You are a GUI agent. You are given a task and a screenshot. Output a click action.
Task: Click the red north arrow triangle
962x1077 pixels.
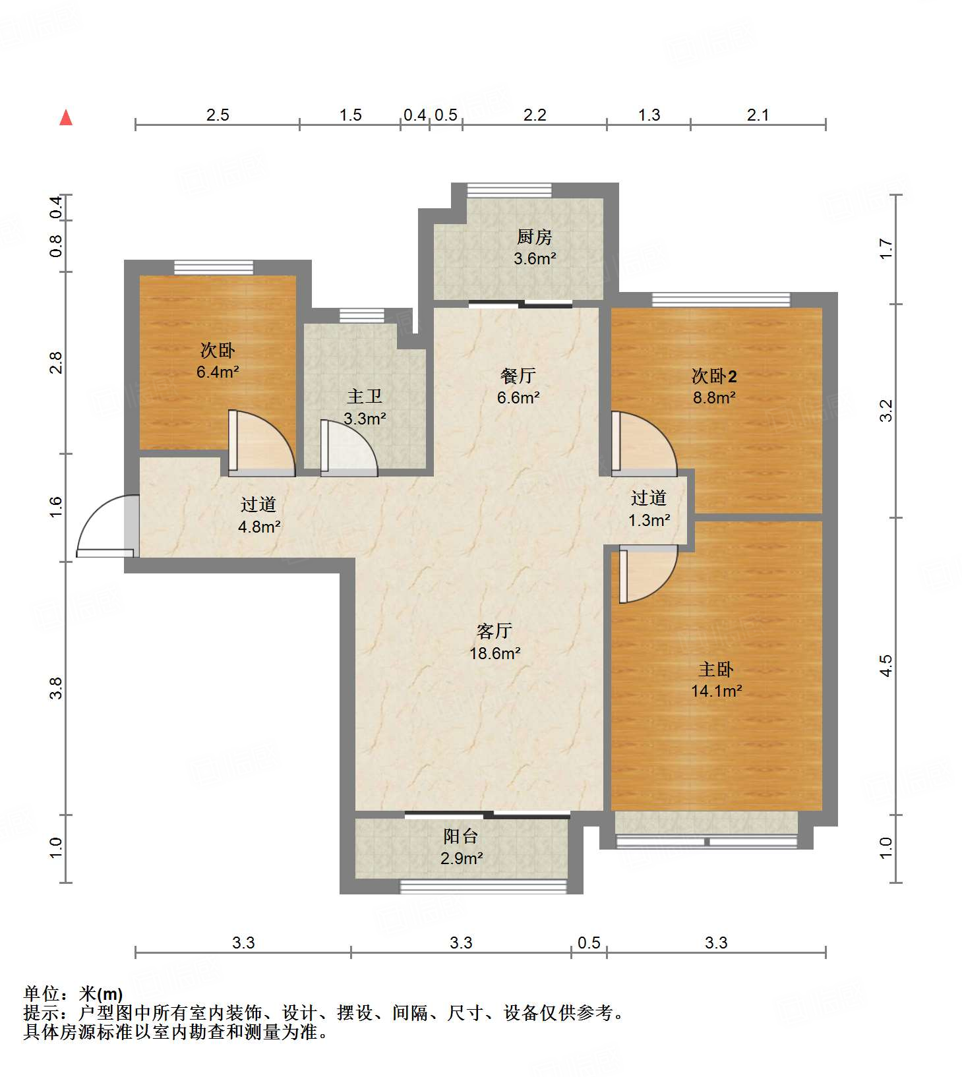66,117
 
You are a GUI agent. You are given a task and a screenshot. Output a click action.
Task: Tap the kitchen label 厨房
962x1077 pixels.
534,237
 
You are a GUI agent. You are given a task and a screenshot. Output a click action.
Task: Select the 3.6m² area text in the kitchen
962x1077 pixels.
535,258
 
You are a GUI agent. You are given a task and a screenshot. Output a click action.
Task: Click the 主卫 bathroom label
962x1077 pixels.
365,396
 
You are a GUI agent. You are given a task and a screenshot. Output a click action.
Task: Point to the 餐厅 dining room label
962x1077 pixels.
518,376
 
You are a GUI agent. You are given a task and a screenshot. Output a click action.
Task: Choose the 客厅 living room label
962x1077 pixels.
495,631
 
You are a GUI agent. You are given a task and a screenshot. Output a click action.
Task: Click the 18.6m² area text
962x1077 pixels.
495,653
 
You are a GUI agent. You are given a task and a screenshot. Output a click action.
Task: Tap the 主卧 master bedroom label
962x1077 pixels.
716,669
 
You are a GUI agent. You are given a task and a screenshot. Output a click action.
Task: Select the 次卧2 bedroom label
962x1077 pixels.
714,376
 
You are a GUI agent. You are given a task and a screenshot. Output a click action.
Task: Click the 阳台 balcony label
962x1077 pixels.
461,836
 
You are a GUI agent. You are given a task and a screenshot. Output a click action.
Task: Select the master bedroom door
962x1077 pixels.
648,573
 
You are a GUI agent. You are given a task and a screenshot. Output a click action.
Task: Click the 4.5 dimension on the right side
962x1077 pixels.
886,665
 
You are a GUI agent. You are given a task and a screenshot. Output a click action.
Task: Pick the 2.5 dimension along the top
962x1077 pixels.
218,115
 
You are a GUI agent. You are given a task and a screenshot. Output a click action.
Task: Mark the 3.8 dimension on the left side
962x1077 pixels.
56,688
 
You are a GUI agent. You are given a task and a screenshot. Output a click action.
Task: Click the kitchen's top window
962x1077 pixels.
510,190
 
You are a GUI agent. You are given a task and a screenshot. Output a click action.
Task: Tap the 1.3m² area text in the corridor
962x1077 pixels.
649,520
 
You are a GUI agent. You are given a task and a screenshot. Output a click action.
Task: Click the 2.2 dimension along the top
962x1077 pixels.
535,115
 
